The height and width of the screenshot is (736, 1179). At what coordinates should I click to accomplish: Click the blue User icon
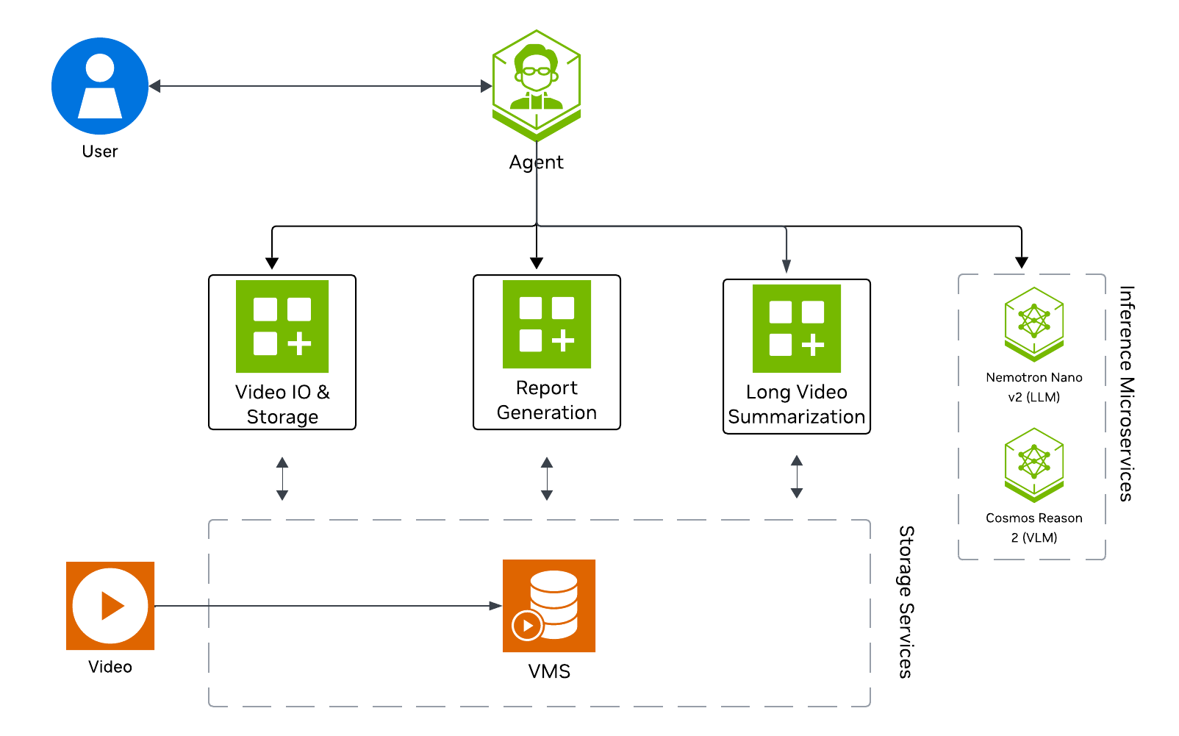pos(100,86)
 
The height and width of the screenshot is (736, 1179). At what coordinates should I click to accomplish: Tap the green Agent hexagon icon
pos(537,85)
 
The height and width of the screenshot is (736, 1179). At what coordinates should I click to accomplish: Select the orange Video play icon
pos(110,606)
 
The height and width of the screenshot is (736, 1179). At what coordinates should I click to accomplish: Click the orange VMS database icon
pos(549,606)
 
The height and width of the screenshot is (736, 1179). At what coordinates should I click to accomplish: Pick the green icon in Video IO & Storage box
pos(282,326)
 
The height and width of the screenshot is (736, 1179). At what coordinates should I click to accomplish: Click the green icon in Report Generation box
pos(547,324)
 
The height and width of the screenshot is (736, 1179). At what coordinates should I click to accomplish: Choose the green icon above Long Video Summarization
pos(797,329)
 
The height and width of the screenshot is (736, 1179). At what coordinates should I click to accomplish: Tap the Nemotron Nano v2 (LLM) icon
pos(1034,324)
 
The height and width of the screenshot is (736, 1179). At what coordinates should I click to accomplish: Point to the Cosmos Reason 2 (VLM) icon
pos(1034,465)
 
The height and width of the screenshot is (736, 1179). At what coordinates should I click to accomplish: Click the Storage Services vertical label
pos(907,601)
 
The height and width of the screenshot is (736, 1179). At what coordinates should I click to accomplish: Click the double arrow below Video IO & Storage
pos(282,479)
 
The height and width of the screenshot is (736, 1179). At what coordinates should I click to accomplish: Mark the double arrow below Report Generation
pos(547,479)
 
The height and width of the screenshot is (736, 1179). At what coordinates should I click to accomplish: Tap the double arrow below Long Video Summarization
pos(797,476)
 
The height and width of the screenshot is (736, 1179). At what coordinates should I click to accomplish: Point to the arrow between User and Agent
pos(320,86)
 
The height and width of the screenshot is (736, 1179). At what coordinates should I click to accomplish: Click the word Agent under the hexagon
pos(537,162)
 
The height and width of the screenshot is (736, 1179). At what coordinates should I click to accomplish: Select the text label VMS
pos(549,671)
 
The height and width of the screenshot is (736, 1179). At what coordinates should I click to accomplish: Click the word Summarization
pos(797,417)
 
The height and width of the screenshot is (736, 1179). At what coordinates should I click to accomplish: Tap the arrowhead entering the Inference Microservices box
pos(1022,262)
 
